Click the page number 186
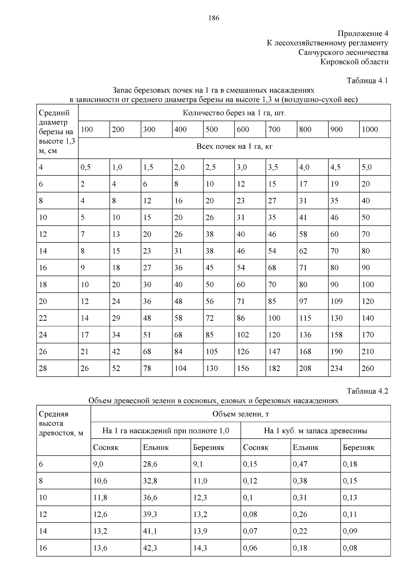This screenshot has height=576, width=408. [214, 18]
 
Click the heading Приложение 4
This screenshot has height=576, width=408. [362, 34]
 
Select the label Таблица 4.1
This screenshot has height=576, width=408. [367, 81]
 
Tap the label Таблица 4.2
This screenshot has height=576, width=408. [367, 391]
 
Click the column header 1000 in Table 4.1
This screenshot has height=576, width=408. [370, 129]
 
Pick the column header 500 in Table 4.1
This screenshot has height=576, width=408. [212, 129]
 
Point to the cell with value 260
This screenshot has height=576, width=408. [368, 368]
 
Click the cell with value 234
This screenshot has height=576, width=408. [337, 368]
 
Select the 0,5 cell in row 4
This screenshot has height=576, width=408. [86, 167]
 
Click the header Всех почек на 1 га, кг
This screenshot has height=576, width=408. [235, 146]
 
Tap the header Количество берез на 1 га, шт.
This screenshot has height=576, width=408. [235, 113]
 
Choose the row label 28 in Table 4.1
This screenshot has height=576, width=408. [43, 368]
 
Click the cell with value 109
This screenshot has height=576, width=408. [337, 301]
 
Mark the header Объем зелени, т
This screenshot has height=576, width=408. [241, 414]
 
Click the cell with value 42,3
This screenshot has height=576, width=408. [150, 548]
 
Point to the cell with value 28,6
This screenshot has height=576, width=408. [150, 464]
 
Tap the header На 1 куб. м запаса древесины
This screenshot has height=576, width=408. [316, 431]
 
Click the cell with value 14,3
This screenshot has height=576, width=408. [200, 548]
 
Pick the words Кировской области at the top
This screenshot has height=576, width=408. [354, 62]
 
